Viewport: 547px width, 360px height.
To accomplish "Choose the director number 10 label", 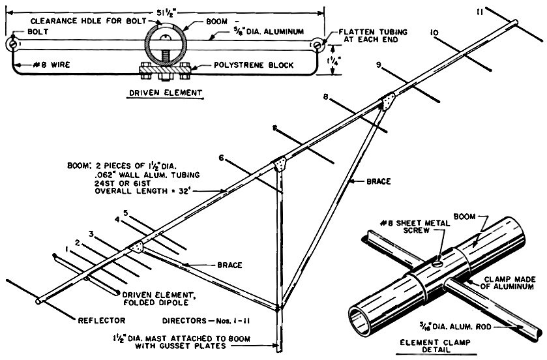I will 434,31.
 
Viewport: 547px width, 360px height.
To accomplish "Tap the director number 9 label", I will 377,64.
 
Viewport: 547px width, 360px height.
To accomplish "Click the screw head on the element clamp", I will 437,263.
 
